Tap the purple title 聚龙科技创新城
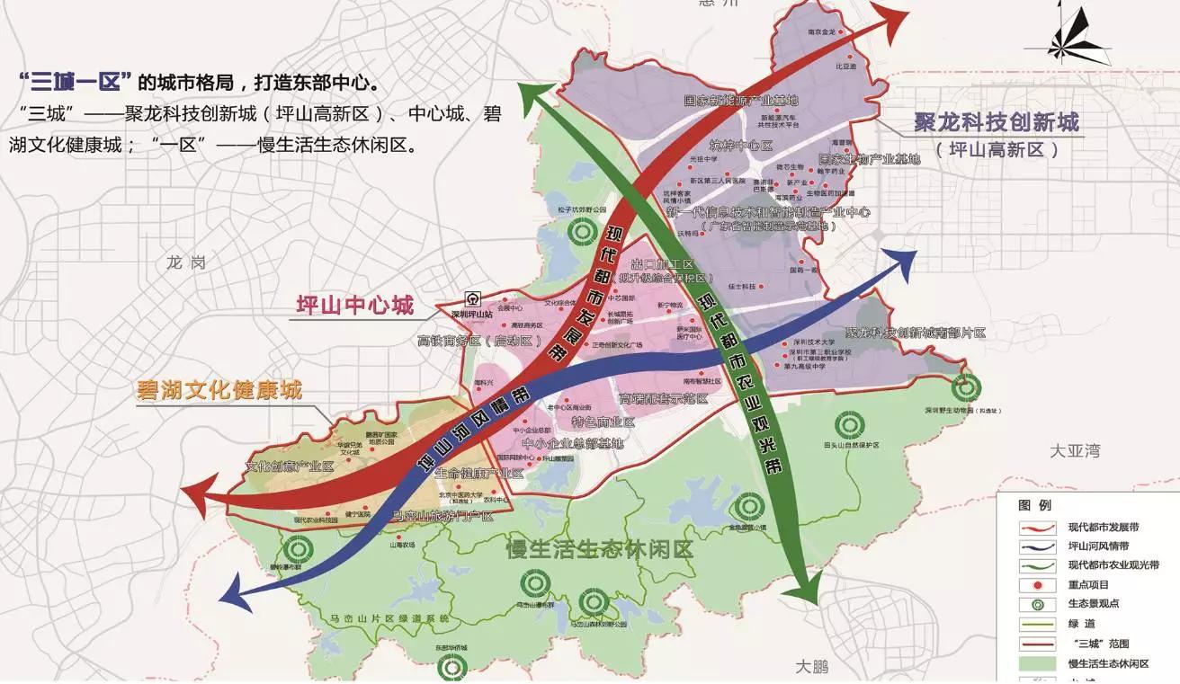[996, 122]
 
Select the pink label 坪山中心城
[355, 306]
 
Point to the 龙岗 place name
[186, 262]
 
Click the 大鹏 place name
[818, 666]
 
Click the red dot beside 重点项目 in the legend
[1031, 585]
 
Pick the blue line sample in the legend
[1031, 546]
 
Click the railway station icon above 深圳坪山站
[473, 299]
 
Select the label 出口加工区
[664, 264]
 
